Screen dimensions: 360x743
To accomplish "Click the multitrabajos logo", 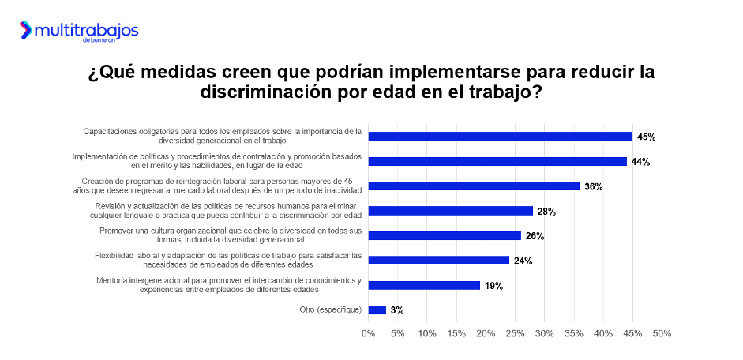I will click(79, 31).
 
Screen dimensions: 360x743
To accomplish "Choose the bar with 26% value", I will click(445, 235).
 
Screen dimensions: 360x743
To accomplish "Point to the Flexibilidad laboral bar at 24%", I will click(439, 260).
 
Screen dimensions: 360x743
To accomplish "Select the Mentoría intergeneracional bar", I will click(424, 285).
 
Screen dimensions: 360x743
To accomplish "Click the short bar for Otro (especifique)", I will click(377, 309).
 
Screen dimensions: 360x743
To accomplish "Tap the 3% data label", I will click(397, 309).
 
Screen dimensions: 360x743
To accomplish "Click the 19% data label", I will click(494, 285).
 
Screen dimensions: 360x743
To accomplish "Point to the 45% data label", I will click(647, 137).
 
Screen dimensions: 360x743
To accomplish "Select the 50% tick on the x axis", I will click(662, 333).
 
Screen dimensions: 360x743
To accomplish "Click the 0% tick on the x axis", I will click(368, 333).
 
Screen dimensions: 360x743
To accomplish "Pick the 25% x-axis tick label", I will click(515, 333).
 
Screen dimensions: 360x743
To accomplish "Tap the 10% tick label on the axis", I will click(427, 333).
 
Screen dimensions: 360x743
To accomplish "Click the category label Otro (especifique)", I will click(331, 309).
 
